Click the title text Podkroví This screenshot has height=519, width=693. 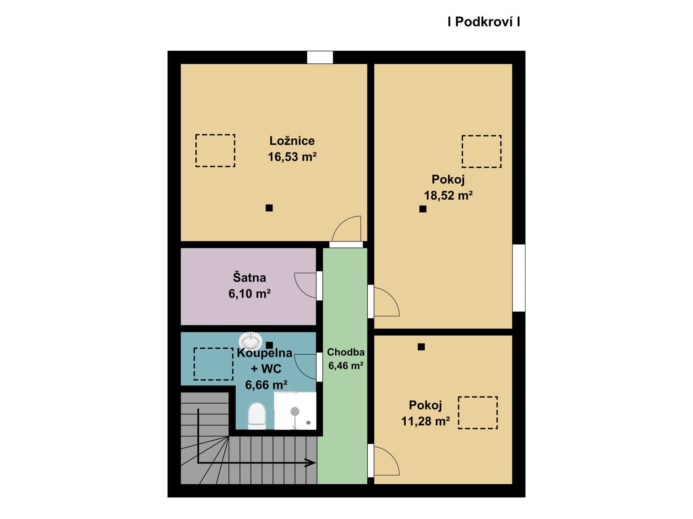click(484, 22)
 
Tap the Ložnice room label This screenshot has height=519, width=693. click(292, 141)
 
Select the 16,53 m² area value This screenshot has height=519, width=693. click(292, 157)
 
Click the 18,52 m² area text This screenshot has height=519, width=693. click(448, 195)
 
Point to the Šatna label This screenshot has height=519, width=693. click(249, 277)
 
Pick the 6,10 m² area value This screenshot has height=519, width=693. click(249, 294)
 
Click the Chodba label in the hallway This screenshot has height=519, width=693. click(346, 352)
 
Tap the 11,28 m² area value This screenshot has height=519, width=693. click(426, 421)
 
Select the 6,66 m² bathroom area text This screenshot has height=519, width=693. click(266, 385)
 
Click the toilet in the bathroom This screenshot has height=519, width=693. click(257, 416)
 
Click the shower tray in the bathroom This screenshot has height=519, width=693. click(295, 411)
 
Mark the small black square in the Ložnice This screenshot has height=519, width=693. click(269, 208)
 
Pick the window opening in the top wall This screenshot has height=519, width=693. click(320, 57)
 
